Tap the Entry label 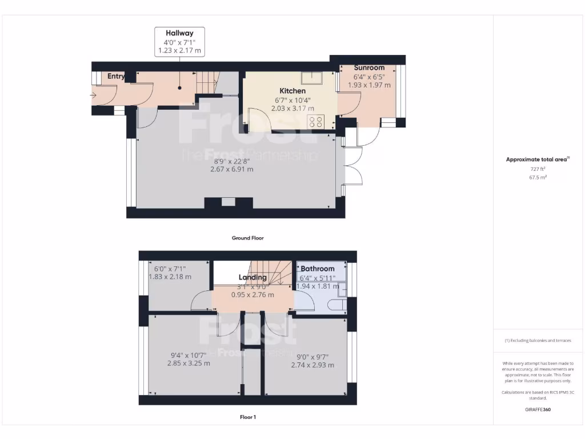tap(116, 76)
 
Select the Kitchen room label tap(292, 91)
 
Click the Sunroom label tap(368, 67)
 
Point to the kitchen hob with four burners tap(316, 121)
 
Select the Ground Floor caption tap(247, 238)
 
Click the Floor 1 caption tap(247, 417)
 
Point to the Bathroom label tap(318, 269)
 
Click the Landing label tap(253, 278)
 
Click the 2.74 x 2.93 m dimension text tap(312, 365)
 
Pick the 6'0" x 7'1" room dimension tap(170, 268)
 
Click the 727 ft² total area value tap(538, 169)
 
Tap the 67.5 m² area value tap(538, 177)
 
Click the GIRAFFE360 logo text tap(538, 409)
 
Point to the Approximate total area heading tap(537, 159)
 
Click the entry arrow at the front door tap(94, 95)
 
